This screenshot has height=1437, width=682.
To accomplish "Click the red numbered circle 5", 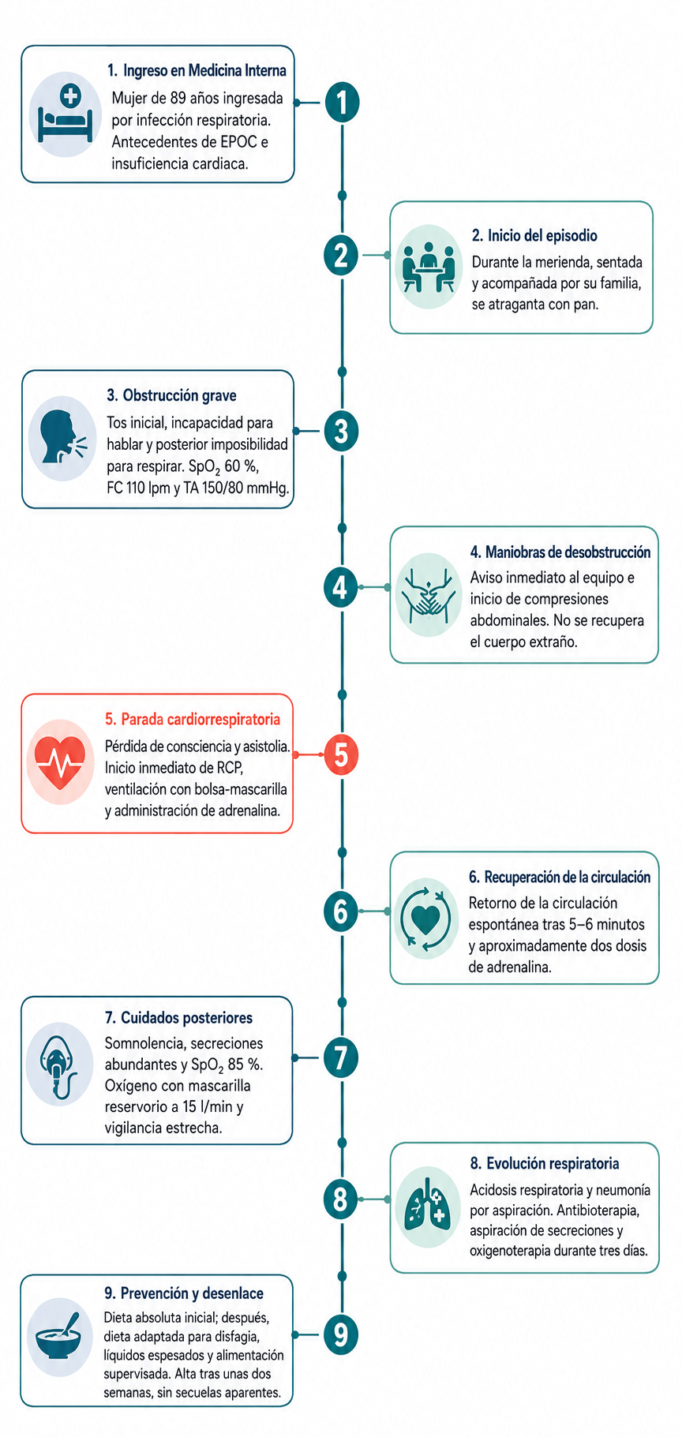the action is (341, 754).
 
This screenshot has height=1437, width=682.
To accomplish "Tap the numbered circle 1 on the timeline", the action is (342, 103).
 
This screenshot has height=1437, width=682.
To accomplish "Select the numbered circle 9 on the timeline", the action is (341, 1334).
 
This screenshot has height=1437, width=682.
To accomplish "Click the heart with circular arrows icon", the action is (425, 916).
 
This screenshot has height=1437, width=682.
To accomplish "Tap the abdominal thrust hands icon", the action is (428, 594).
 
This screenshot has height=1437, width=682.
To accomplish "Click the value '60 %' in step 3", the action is (242, 466).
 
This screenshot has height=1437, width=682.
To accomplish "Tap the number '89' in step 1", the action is (178, 99).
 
